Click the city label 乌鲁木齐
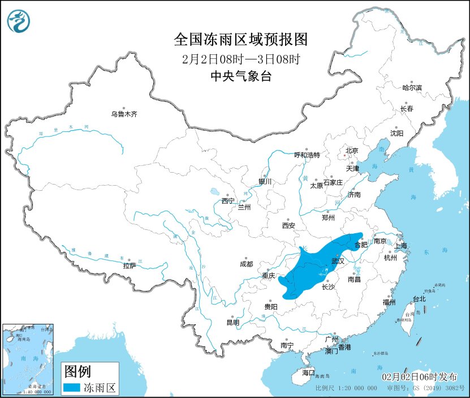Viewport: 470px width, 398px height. pos(124,114)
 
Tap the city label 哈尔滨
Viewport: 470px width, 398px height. pos(412,88)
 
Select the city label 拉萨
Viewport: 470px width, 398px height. pos(129,266)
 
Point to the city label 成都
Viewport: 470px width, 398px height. pos(246,264)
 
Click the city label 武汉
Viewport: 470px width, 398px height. pos(338,262)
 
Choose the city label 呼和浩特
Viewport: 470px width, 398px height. pos(307,155)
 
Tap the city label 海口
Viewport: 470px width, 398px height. pos(308,373)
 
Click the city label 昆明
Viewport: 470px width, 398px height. pos(232,323)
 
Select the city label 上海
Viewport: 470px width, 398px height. pos(400,246)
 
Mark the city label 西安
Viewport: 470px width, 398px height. pos(288,225)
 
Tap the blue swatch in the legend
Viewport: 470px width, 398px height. pos(71,388)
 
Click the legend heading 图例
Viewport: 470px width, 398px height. pos(77,371)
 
